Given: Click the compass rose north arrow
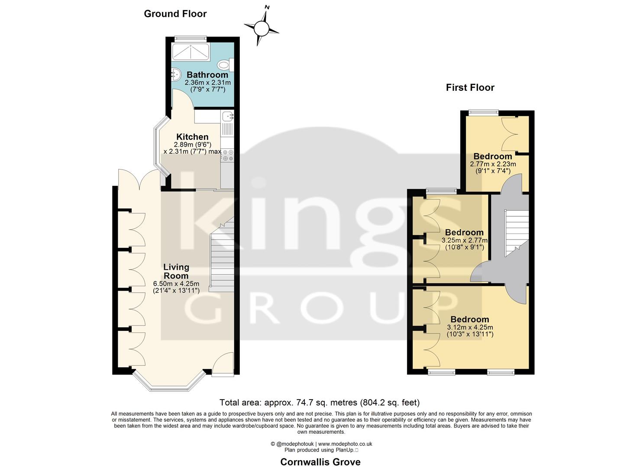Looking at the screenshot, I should pyautogui.click(x=262, y=28).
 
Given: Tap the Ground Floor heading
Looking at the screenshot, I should pyautogui.click(x=175, y=14).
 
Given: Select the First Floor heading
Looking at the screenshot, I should pyautogui.click(x=470, y=87).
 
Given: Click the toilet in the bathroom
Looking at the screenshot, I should pyautogui.click(x=225, y=65).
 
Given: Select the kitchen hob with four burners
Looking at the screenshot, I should pyautogui.click(x=228, y=155).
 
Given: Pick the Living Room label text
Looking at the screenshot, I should pyautogui.click(x=176, y=271).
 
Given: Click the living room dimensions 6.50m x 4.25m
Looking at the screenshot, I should pyautogui.click(x=176, y=287).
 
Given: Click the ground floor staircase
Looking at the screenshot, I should pyautogui.click(x=222, y=259).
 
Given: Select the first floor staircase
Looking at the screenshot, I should pyautogui.click(x=517, y=233).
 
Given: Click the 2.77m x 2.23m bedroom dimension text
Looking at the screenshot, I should pyautogui.click(x=493, y=168).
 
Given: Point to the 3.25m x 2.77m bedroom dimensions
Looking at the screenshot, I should pyautogui.click(x=464, y=244).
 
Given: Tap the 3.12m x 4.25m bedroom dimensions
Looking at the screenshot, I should pyautogui.click(x=470, y=331).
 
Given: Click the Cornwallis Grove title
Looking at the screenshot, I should pyautogui.click(x=320, y=462).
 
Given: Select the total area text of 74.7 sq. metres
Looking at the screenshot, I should pyautogui.click(x=320, y=403).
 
